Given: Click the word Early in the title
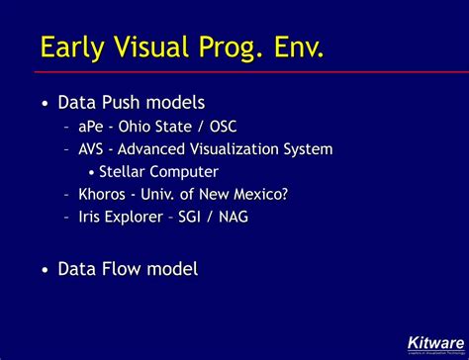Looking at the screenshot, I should pos(74,46).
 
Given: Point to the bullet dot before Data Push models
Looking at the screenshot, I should pos(45,103).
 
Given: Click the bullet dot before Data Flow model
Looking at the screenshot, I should pos(45,269).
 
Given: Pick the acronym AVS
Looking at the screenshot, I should pos(92,149).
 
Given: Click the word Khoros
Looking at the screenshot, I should pos(103,194).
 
